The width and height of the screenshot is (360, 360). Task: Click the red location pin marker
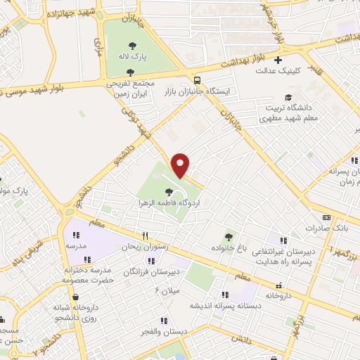[x=181, y=165]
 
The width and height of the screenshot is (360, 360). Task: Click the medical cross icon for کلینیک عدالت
[x=278, y=60]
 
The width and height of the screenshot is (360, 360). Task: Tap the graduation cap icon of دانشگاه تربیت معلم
[x=288, y=98]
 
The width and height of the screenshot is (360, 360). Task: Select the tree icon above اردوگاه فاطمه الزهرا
[x=167, y=191]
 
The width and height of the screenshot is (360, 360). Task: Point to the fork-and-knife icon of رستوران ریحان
[x=144, y=236]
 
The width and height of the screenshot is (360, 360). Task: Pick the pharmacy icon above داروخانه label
[x=280, y=285]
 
